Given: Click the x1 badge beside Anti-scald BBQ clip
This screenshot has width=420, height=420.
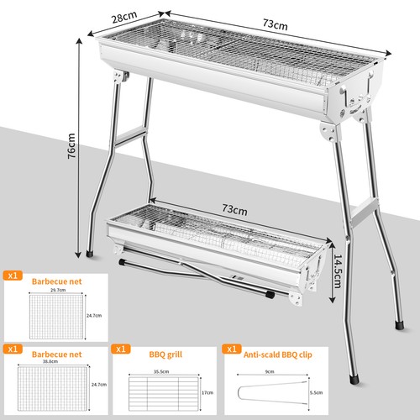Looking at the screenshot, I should [x=231, y=347].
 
